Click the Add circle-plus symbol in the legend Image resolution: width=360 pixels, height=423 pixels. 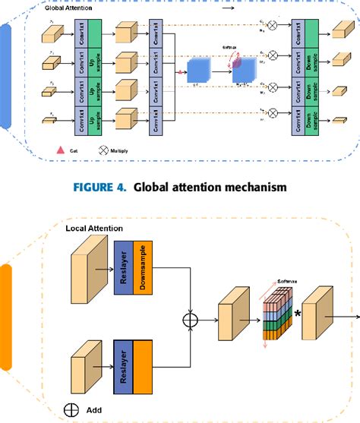[70, 411]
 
